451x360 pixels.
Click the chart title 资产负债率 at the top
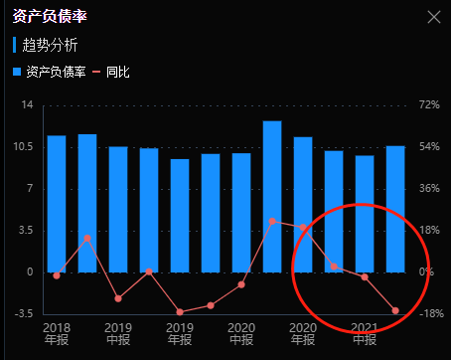tap(46, 17)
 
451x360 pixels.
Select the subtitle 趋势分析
tap(50, 45)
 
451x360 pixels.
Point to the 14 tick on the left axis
tap(27, 104)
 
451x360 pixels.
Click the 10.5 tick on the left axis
tap(24, 146)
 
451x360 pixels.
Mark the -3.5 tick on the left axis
tap(24, 313)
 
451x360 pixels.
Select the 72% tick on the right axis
tap(428, 104)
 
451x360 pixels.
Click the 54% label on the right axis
tap(428, 146)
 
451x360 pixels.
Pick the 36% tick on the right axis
tap(428, 188)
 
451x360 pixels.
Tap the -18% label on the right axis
tap(428, 313)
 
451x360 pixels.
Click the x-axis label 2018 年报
tap(57, 333)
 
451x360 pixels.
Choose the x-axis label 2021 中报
tap(365, 333)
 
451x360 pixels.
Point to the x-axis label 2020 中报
tap(303, 333)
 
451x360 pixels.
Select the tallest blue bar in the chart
tap(272, 196)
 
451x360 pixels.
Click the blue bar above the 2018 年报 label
tap(57, 204)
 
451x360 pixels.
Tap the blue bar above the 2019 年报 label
tap(180, 215)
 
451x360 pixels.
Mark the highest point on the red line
tap(272, 221)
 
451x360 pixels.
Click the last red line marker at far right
tap(395, 311)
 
